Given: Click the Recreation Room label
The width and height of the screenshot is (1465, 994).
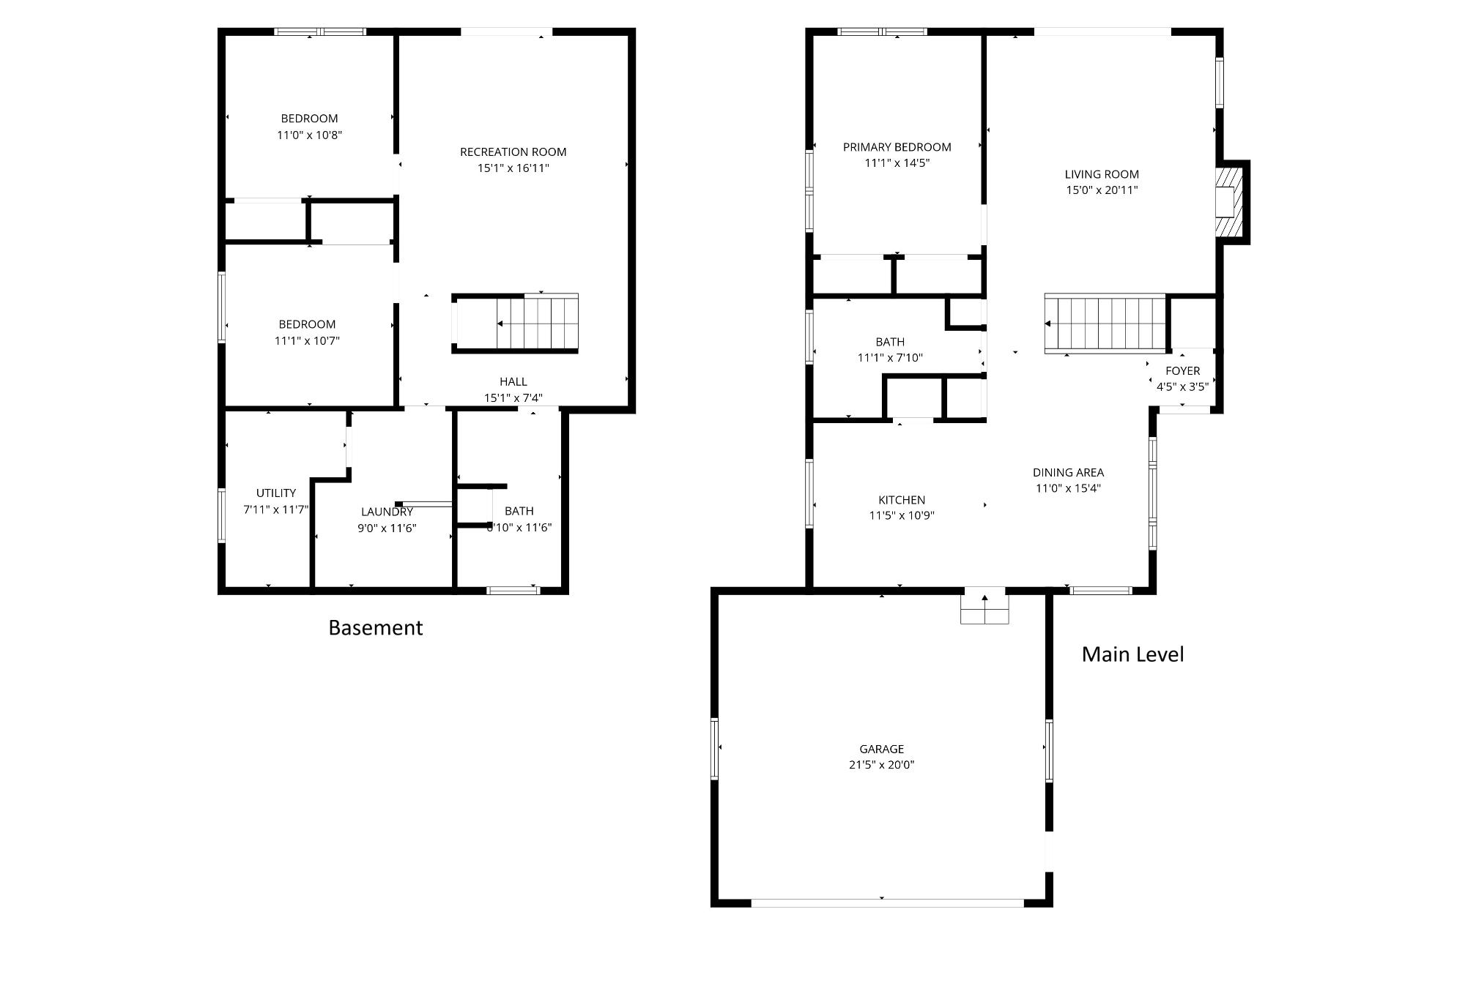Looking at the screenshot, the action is coord(513,152).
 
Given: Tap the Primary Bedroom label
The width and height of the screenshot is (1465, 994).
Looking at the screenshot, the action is coord(897,147).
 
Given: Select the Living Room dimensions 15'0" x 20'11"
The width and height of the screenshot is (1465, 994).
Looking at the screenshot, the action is coord(1102,190).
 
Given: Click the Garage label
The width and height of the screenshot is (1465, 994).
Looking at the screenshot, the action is coord(881,749).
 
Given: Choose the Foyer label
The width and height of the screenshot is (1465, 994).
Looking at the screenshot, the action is coord(1182,371).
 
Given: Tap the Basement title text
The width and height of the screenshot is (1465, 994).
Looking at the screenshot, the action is coord(375,627).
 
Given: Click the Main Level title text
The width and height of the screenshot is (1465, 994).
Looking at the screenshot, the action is coord(1132,654).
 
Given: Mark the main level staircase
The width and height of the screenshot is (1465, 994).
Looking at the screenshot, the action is coord(1105,324).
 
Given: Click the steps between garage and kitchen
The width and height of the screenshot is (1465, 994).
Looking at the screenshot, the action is coord(984,606).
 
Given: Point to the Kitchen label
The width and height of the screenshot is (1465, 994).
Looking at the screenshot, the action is coord(901,500).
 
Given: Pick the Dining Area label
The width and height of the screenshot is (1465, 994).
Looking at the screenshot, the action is coord(1068,473).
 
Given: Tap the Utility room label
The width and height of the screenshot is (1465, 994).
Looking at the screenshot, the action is coord(276,493).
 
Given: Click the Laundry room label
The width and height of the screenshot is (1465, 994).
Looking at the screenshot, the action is coord(387,512).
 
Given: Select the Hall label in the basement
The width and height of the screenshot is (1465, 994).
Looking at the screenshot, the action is coord(513,381).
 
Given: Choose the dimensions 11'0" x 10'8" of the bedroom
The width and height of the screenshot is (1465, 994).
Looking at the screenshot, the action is coord(309,135).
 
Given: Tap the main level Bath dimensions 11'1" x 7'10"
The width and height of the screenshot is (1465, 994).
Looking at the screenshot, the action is coord(890,358).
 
